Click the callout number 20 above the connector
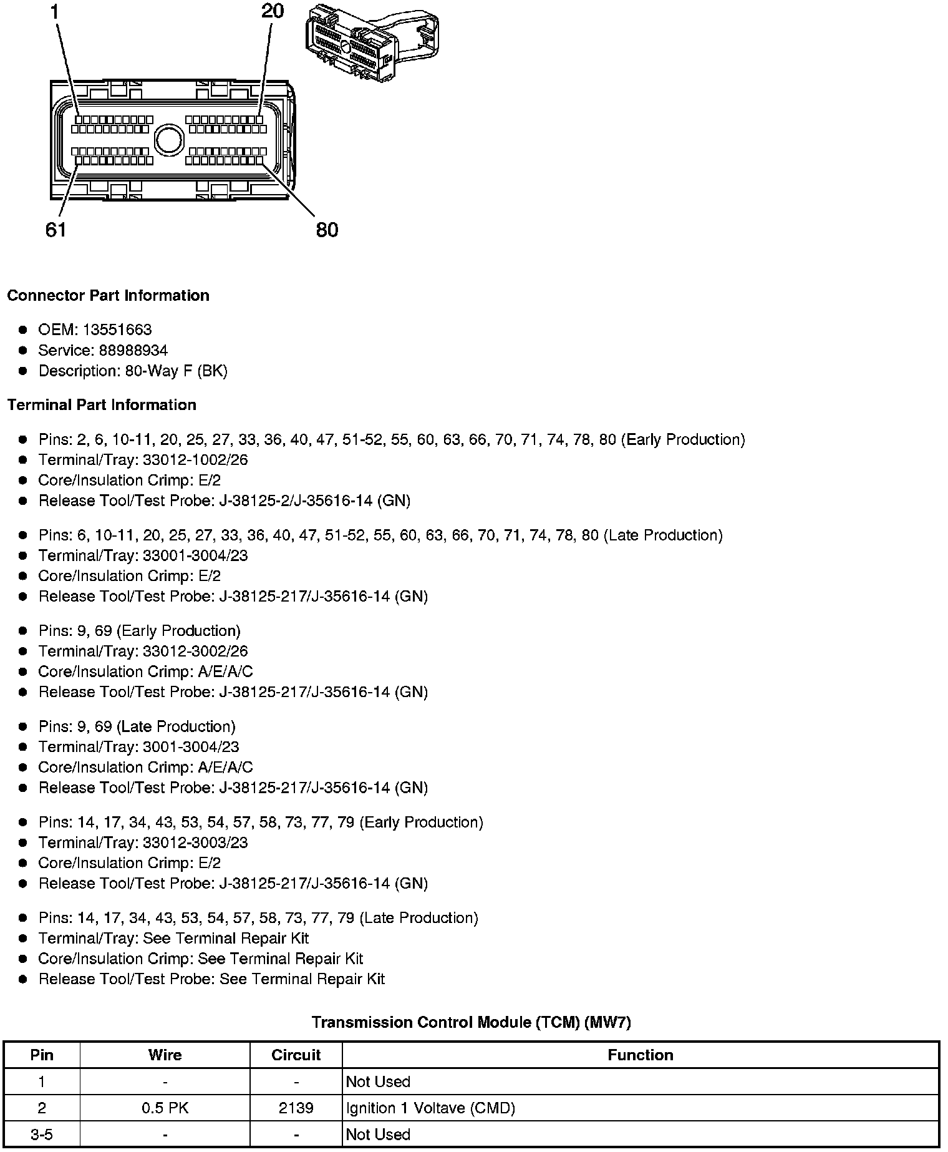pos(273,11)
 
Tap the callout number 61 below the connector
pos(56,230)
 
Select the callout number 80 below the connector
pos(327,230)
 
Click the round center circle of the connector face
pos(167,139)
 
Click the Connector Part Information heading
pos(108,295)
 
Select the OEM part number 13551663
pos(117,329)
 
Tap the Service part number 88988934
pos(133,350)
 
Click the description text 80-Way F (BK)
pos(177,371)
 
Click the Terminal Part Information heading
pos(102,405)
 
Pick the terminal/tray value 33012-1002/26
pos(195,460)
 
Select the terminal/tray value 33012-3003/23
pos(195,842)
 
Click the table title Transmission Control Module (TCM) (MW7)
pos(471,1022)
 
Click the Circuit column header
pos(296,1055)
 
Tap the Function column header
pos(640,1055)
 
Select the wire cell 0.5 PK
pos(165,1108)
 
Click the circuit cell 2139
pos(296,1108)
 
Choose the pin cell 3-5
pos(42,1134)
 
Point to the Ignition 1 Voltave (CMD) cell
pos(430,1108)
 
